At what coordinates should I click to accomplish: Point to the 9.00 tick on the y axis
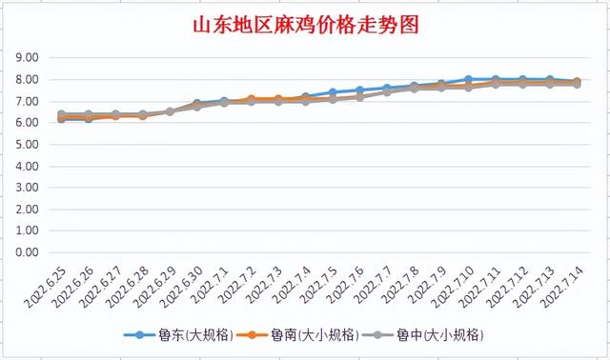27,58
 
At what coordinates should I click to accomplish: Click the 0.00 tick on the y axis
27,253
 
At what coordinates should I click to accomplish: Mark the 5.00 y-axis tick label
27,145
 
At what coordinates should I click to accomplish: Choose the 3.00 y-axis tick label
27,189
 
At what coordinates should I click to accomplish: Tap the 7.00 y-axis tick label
27,102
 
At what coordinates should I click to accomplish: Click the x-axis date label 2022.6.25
48,286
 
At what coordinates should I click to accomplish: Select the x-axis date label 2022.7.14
563,286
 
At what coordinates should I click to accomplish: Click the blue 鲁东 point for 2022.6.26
89,118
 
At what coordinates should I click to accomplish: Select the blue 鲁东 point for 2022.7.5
333,92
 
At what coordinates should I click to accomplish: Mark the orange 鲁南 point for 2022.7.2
252,99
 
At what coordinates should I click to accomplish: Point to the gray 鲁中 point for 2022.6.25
62,114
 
